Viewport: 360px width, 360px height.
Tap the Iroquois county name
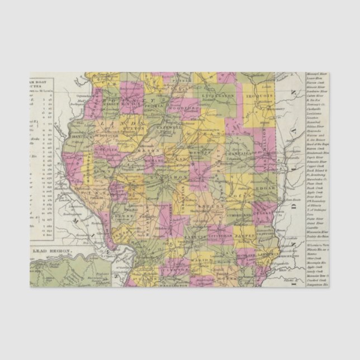260,96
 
